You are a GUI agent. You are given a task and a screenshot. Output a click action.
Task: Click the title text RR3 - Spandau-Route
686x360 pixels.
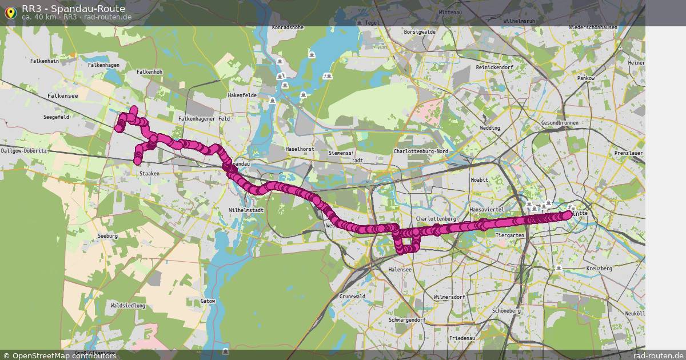point(73,9)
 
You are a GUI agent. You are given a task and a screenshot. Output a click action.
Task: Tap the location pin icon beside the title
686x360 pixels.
point(10,13)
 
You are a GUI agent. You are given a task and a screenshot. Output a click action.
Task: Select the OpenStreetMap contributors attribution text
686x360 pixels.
point(64,355)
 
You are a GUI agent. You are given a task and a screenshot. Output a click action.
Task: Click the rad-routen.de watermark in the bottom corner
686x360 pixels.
point(659,355)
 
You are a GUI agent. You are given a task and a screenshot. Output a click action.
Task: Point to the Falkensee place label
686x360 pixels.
point(63,96)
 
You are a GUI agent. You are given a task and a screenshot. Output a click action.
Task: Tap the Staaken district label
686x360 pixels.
point(149,173)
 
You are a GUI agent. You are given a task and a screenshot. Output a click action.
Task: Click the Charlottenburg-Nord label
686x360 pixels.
point(420,151)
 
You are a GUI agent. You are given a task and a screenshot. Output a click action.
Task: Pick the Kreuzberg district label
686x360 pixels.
point(599,269)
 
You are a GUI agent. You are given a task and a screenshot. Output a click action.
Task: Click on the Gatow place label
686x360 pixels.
point(208,301)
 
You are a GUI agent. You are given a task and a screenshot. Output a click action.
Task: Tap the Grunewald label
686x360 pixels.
point(352,297)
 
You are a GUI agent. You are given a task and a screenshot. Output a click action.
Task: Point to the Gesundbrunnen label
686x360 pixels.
point(559,123)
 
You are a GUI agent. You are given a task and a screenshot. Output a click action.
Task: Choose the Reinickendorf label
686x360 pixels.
point(495,67)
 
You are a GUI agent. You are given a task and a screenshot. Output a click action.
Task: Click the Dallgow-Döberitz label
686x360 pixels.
point(23,151)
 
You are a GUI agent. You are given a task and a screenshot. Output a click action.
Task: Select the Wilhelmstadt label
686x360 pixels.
point(246,210)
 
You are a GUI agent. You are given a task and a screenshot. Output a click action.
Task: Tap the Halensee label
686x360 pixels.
point(400,270)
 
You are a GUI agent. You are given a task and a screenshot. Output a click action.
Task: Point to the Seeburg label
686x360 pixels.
point(107,235)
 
